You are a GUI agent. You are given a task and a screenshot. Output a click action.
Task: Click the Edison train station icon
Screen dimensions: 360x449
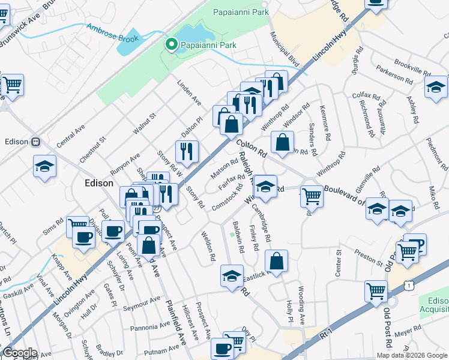click(x=35, y=142)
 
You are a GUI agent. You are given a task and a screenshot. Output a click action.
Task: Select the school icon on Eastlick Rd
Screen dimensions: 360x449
click(x=231, y=276)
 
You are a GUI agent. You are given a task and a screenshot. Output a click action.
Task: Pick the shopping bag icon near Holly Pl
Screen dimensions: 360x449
click(x=276, y=261)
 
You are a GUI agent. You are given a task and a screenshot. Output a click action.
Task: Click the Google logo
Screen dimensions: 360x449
click(x=19, y=353)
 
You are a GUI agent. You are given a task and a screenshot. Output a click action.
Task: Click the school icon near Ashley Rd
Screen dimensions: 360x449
click(x=436, y=87)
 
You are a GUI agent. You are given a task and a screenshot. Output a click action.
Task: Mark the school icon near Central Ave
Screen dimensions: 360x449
click(x=44, y=166)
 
